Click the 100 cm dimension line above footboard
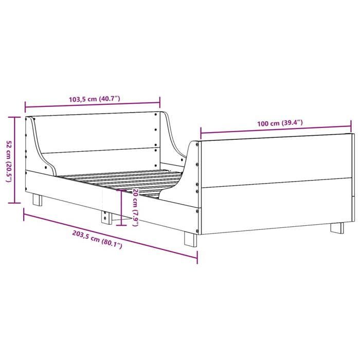click(276, 131)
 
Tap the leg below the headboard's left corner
click(38, 199)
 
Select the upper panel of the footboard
click(275, 159)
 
